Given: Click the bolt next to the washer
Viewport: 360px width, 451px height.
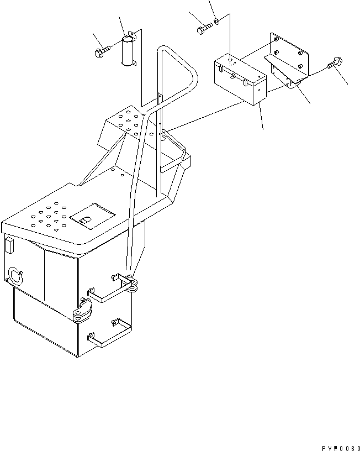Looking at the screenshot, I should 203,28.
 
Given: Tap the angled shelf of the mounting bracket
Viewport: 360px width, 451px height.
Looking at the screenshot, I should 285,70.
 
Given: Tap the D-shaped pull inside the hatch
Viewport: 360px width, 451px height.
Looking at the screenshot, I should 84,221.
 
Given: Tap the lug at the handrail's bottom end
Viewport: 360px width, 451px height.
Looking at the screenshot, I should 132,284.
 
